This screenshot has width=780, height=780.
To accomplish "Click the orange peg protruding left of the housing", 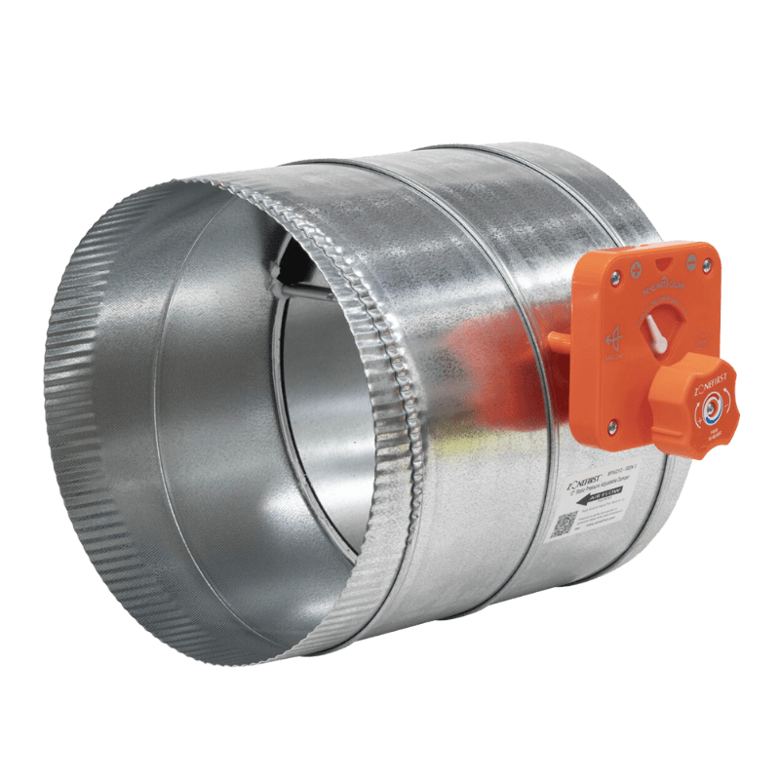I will click(558, 342).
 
